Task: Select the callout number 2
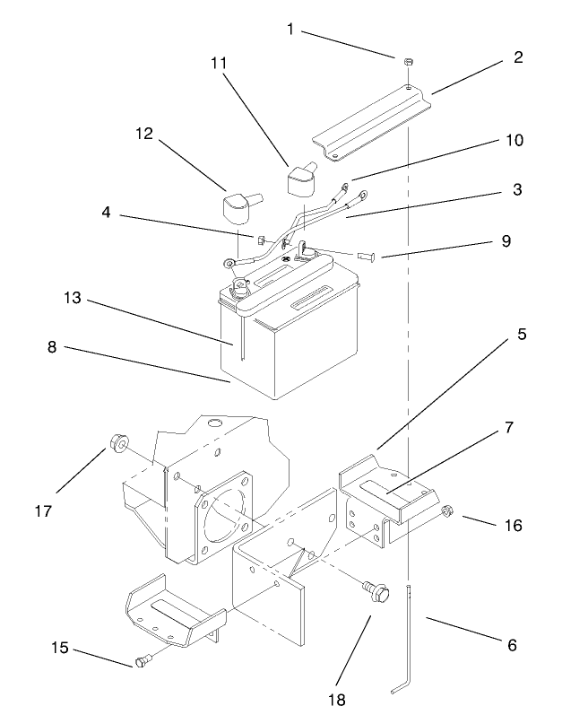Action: point(518,57)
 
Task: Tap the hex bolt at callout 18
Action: point(376,591)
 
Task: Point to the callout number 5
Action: point(521,333)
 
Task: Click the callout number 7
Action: point(508,428)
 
